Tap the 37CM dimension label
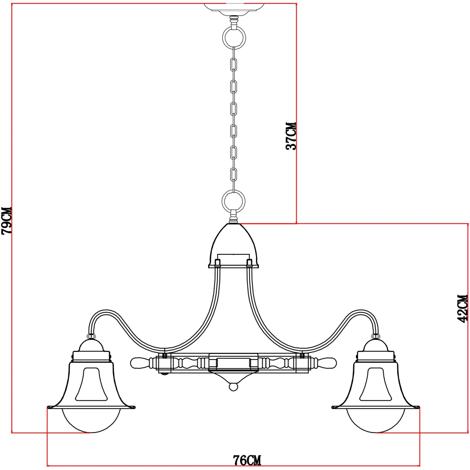pos(291,136)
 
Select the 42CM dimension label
pos(463,308)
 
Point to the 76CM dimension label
pos(247,460)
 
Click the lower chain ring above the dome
pos(233,201)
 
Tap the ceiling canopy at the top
pos(234,8)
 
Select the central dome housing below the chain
pos(234,246)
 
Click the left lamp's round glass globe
pos(91,420)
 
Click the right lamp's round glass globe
pos(376,420)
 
